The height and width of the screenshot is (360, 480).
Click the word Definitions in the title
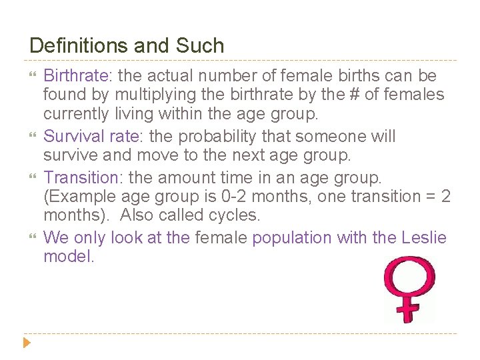pos(79,46)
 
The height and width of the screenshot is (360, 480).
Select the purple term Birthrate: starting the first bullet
pos(74,76)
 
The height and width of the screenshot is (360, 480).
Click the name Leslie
pos(425,237)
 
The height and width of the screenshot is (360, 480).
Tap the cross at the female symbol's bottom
pos(409,310)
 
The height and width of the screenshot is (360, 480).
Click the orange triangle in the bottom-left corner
pos(27,344)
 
